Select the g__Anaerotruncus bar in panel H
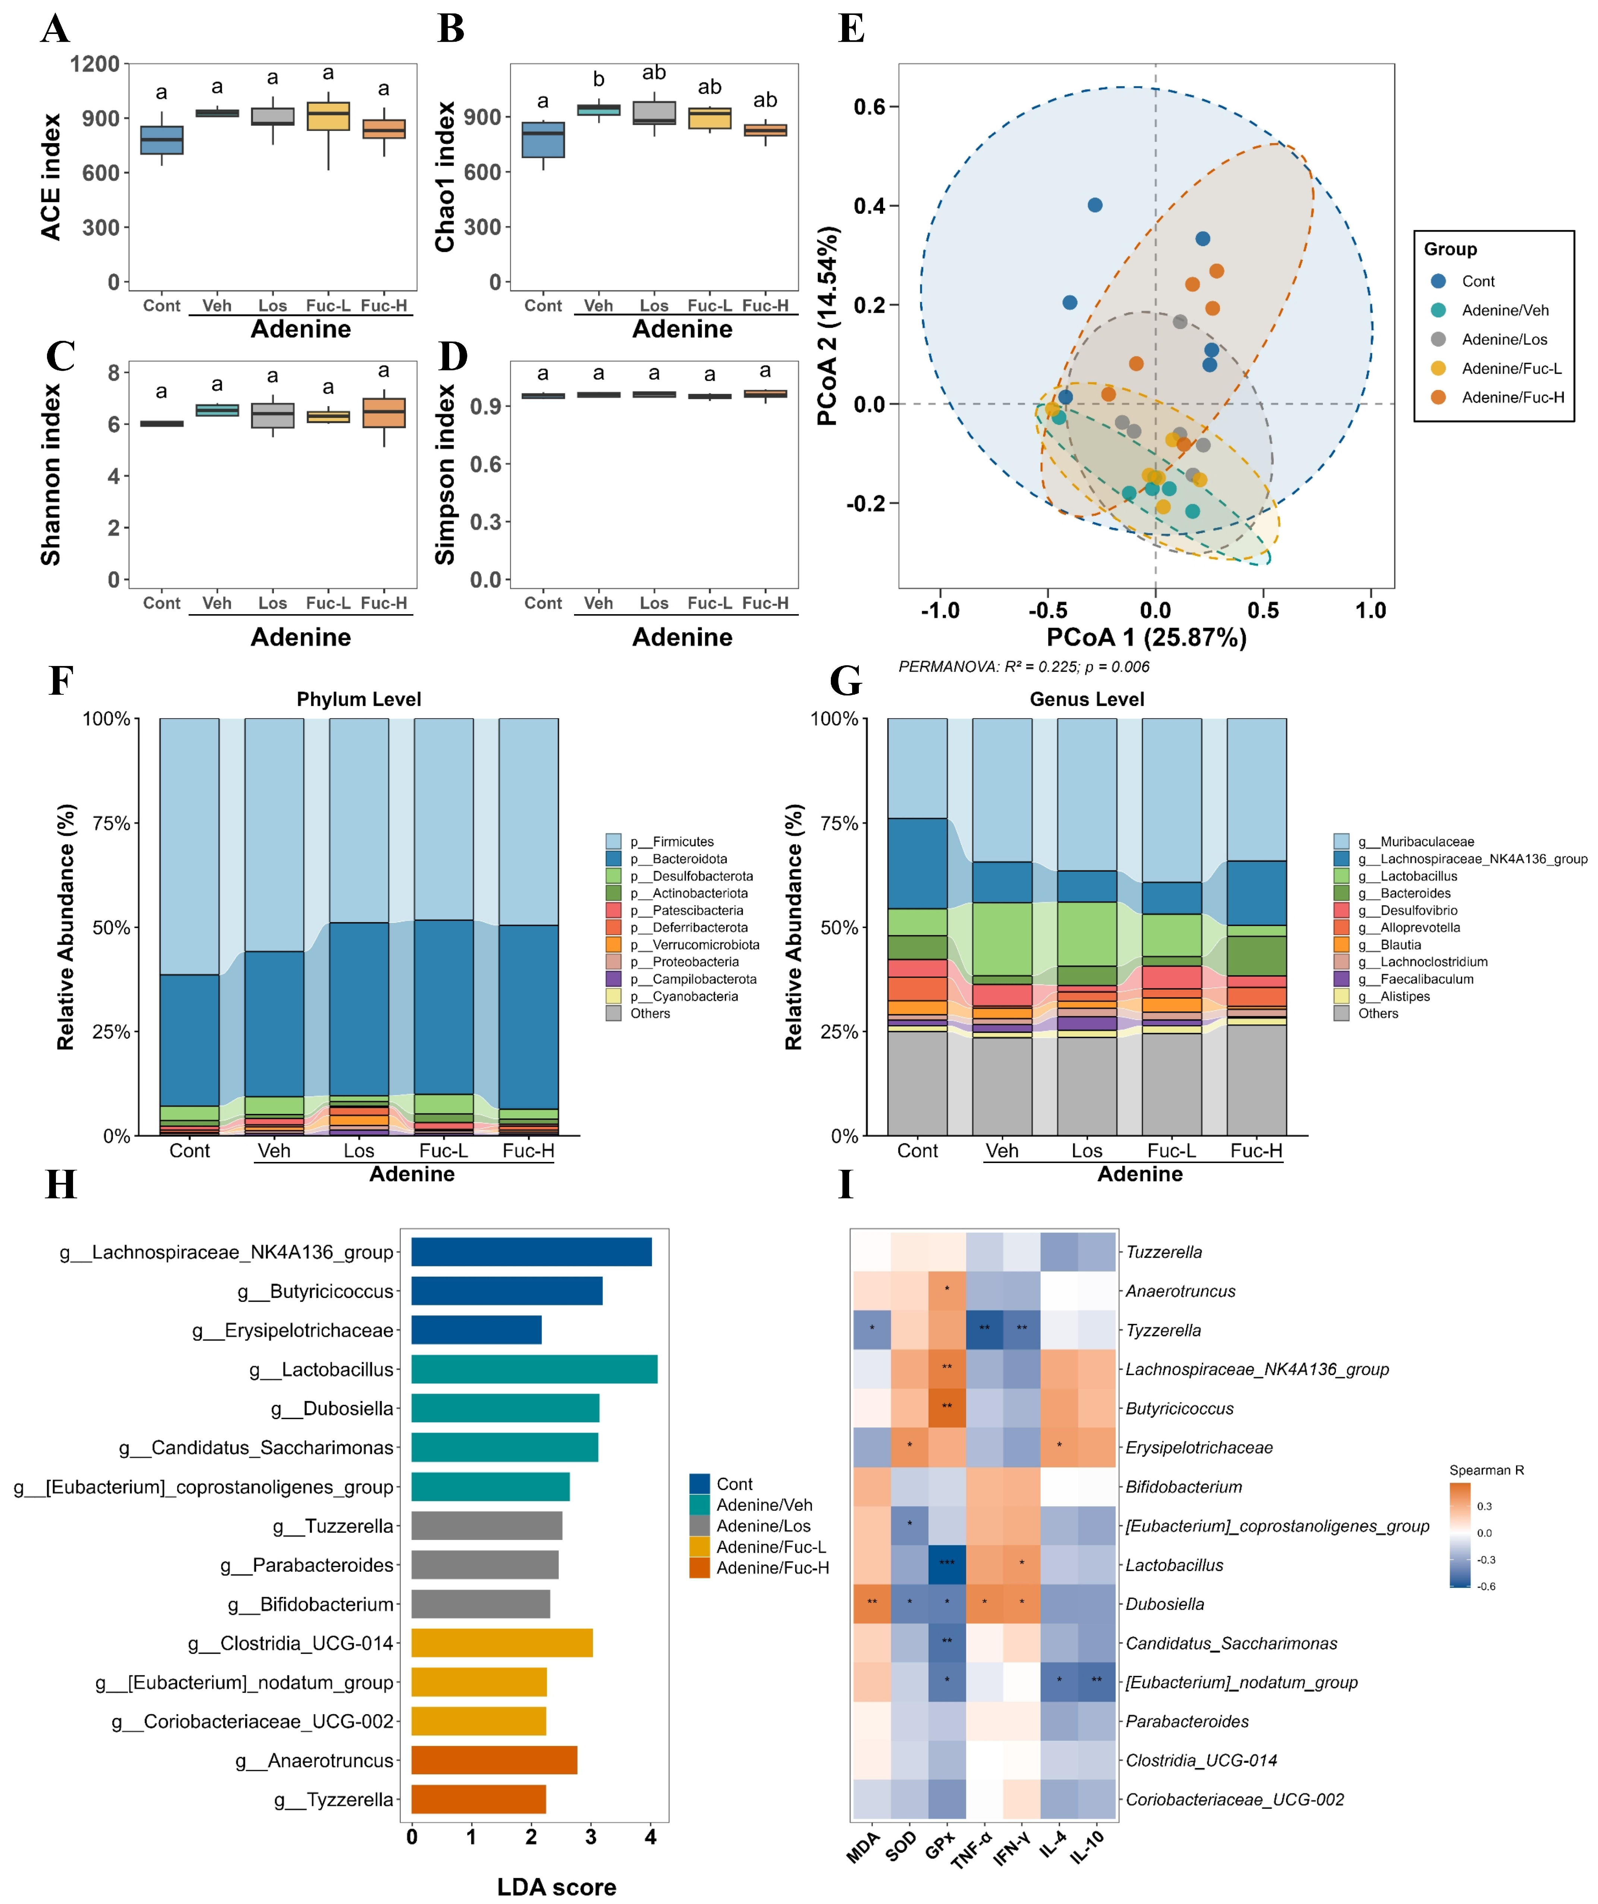[x=494, y=1760]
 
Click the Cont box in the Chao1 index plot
[x=543, y=139]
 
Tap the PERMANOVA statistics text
[x=1023, y=666]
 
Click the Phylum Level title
[x=359, y=699]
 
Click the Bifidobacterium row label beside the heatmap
[x=1184, y=1487]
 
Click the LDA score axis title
[x=557, y=1887]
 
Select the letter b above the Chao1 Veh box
[x=598, y=80]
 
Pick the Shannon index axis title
[x=51, y=475]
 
